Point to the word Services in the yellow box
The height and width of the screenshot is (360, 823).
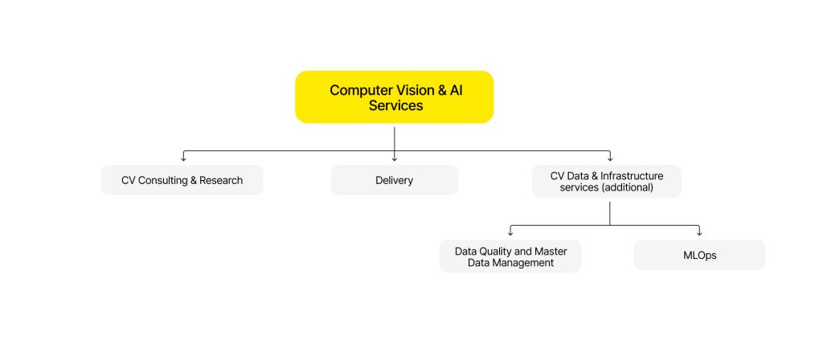tap(395, 105)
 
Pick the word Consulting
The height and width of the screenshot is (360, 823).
tap(163, 181)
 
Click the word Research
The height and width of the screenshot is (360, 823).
tap(221, 181)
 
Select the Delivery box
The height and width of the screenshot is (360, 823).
tap(394, 181)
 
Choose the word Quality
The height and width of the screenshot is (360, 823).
tap(496, 252)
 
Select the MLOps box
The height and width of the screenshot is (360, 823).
tap(699, 256)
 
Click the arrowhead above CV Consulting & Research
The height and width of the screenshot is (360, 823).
tap(183, 157)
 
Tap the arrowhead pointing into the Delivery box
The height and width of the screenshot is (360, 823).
tap(395, 157)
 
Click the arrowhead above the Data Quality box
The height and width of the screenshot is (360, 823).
tap(510, 232)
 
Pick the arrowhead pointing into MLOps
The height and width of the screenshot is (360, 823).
tap(699, 232)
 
